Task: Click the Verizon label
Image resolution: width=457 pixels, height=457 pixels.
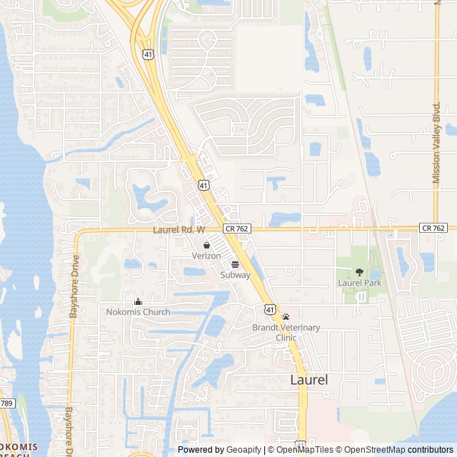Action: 206,256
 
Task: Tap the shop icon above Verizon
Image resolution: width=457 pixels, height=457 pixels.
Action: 206,245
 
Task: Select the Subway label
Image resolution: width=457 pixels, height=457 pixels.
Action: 235,275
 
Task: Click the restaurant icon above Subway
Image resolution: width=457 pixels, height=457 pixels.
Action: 235,264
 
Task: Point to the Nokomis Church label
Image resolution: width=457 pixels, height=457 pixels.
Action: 138,312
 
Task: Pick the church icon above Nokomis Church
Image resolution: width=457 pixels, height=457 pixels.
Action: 138,301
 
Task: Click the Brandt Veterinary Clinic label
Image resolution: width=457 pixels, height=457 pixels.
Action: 286,332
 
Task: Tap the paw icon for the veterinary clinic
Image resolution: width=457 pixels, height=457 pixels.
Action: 286,316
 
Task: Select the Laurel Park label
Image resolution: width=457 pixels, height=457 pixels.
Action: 359,283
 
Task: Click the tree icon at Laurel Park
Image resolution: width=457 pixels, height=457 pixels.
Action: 359,272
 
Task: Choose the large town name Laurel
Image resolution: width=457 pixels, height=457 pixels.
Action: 309,380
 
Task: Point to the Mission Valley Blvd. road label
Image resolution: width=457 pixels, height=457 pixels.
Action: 436,143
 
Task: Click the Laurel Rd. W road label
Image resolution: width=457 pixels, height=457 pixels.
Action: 179,230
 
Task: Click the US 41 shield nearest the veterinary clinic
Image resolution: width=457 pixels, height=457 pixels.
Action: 268,308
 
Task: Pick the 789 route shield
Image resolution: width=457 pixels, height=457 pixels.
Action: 6,404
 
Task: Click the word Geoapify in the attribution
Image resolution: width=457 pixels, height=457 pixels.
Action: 244,450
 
